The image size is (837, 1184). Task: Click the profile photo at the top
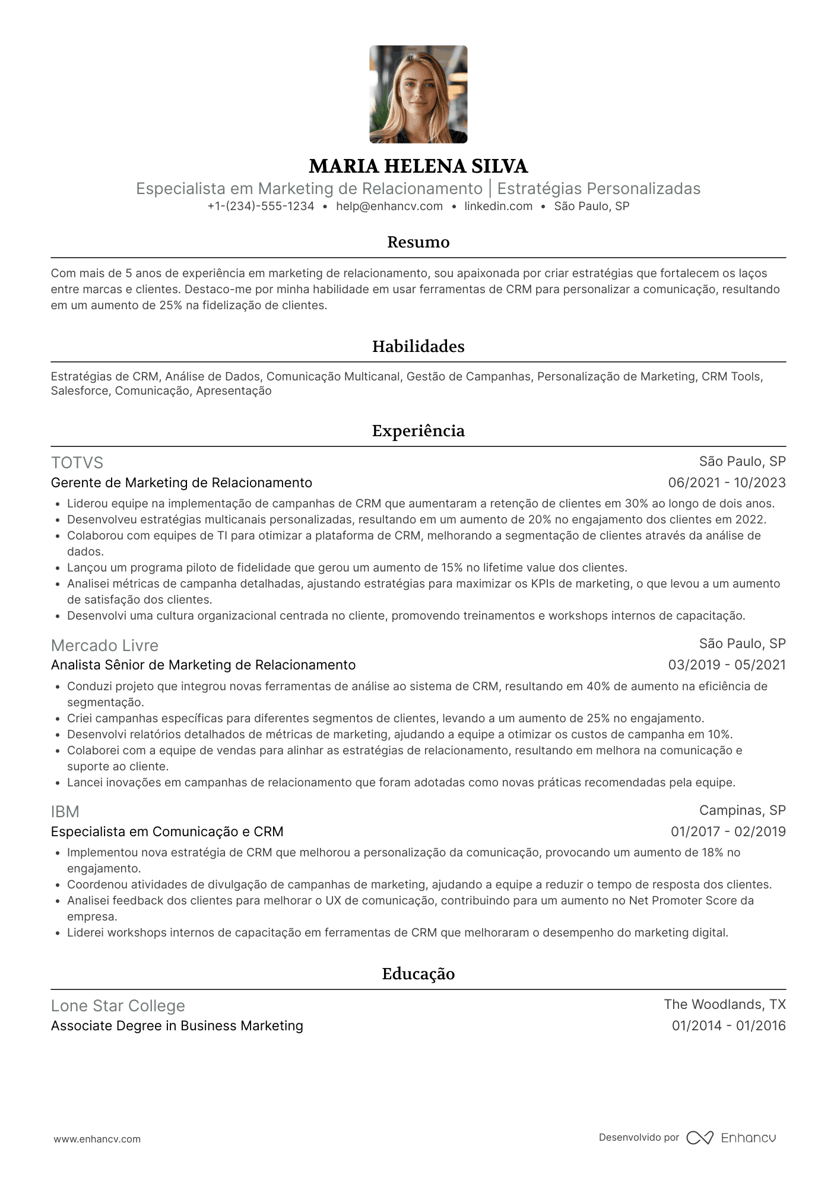pos(418,94)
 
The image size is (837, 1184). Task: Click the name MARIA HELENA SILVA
pos(418,166)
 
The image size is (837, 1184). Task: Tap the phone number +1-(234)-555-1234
pos(261,206)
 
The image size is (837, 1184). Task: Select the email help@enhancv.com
pos(389,206)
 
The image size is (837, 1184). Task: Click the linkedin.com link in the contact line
pos(498,206)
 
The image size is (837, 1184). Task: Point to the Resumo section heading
pos(418,242)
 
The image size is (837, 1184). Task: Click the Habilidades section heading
pos(418,347)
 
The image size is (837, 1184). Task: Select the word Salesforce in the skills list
pos(80,391)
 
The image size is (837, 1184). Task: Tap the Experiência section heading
pos(418,431)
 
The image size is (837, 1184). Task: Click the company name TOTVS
pos(77,463)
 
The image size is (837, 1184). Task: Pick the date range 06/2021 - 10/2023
pos(727,483)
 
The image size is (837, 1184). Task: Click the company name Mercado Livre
pos(104,646)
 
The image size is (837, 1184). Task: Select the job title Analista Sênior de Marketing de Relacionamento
pos(203,665)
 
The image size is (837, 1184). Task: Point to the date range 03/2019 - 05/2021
pos(727,665)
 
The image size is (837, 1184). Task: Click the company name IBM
pos(65,812)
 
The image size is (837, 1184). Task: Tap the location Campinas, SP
pos(742,811)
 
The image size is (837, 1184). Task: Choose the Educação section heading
pos(418,974)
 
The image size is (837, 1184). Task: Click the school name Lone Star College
pos(118,1006)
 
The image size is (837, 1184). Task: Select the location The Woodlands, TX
pos(724,1005)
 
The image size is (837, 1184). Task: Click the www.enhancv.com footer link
pos(97,1139)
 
